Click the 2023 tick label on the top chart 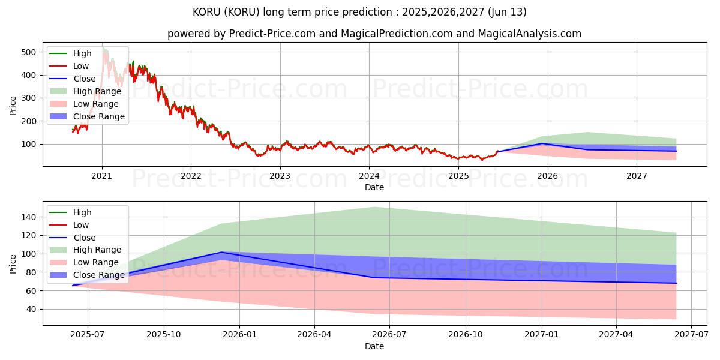coord(280,176)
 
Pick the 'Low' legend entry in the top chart coord(81,66)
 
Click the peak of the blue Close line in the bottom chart coord(221,252)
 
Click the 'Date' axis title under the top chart coord(374,187)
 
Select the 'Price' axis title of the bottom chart coord(13,263)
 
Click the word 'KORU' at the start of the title coord(206,12)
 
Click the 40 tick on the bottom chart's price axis coord(32,310)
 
